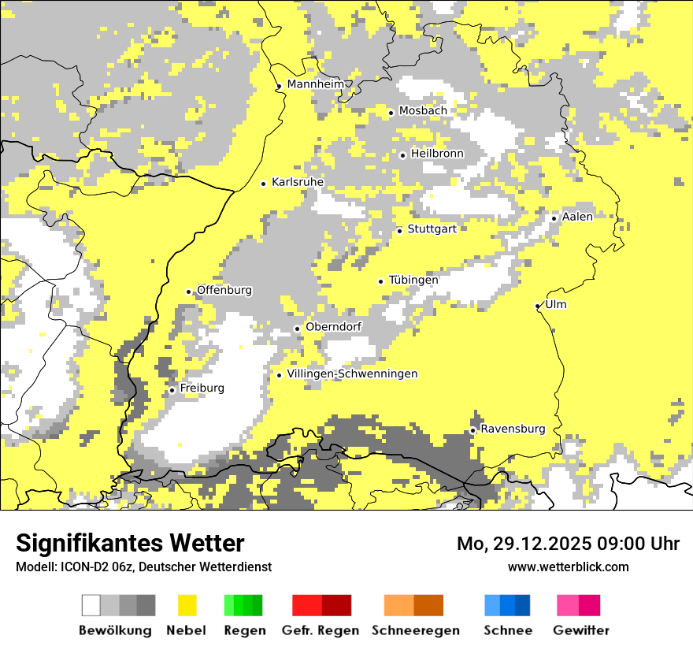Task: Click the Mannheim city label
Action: pyautogui.click(x=316, y=84)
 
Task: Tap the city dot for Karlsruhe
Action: pyautogui.click(x=264, y=184)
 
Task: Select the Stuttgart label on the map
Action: pyautogui.click(x=432, y=229)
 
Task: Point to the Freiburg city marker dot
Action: pyautogui.click(x=172, y=390)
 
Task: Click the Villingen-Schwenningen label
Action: pyautogui.click(x=352, y=373)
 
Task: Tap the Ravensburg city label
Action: pyautogui.click(x=513, y=429)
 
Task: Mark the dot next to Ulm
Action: pyautogui.click(x=538, y=306)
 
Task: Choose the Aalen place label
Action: pyautogui.click(x=577, y=217)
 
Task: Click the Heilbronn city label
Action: pyautogui.click(x=437, y=154)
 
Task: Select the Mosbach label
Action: pyautogui.click(x=422, y=111)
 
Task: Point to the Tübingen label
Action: pyautogui.click(x=413, y=280)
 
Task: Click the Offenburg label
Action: pyautogui.click(x=224, y=290)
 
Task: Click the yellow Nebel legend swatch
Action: pyautogui.click(x=187, y=605)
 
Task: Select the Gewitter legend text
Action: pyautogui.click(x=581, y=630)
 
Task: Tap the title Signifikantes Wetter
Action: pyautogui.click(x=130, y=543)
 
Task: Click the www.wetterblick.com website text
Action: pyautogui.click(x=568, y=567)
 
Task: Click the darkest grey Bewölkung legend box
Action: pyautogui.click(x=146, y=605)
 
